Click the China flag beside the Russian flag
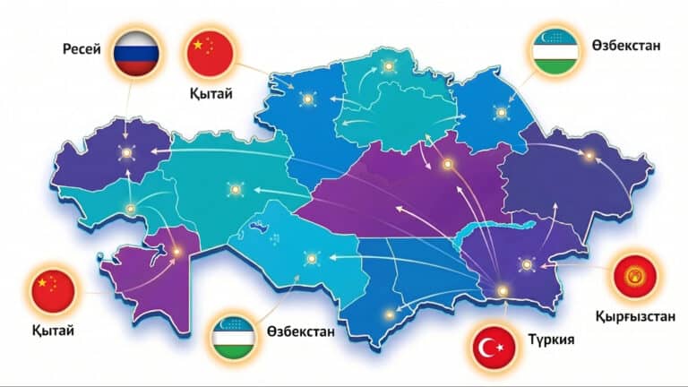209,53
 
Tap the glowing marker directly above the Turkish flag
503,289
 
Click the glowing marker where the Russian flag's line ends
125,153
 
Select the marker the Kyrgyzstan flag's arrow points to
527,264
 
